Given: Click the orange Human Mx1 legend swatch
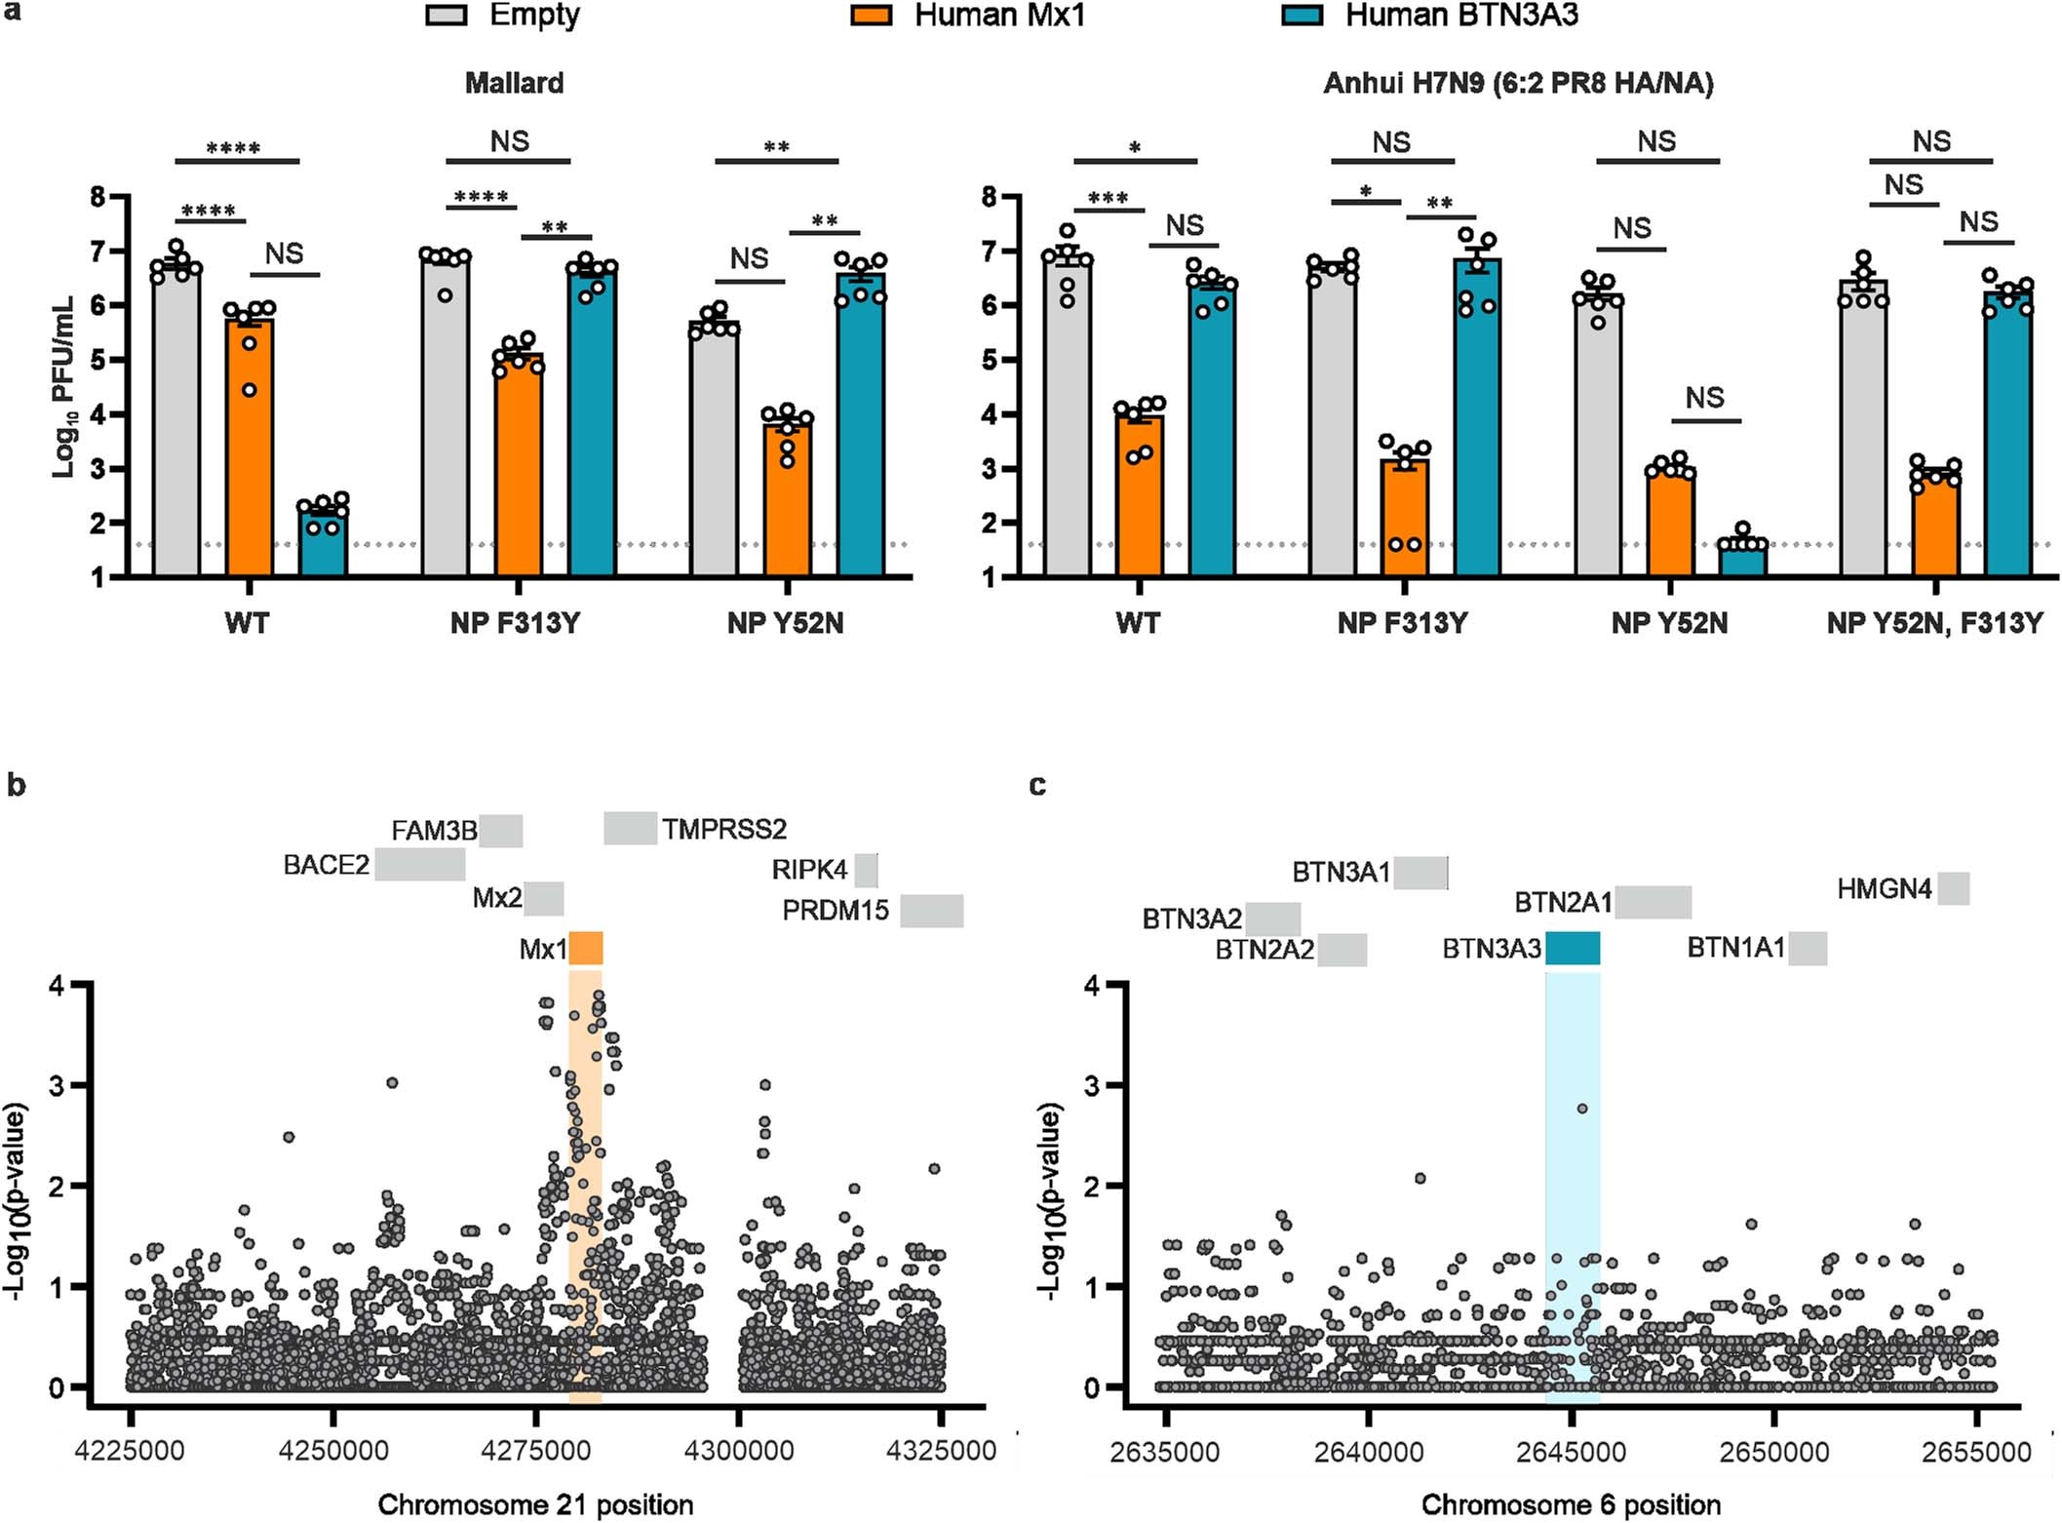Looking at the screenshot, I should [871, 15].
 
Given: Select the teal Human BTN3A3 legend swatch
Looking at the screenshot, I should [1302, 15].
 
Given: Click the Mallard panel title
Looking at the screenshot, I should [514, 83].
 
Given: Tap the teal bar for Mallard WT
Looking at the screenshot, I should [323, 542].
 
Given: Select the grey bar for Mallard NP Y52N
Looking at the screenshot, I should [714, 449].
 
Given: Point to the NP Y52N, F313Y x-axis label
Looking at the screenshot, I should [1934, 623].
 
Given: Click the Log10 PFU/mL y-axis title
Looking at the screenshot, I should [63, 386].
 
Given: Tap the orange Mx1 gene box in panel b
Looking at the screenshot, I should [586, 948].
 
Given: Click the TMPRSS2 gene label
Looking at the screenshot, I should [723, 830].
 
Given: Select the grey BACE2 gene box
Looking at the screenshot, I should [420, 864].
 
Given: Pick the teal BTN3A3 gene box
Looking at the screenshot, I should [1573, 948].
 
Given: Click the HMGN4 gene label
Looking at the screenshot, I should [1884, 889].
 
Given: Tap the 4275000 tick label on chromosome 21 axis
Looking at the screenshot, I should [534, 1451].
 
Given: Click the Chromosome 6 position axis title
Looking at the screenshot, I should [1571, 1504].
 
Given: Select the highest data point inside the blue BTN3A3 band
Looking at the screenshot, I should [1582, 1109].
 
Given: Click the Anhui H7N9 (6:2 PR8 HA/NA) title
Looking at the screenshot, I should [1518, 84].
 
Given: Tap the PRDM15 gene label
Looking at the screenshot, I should [836, 911].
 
